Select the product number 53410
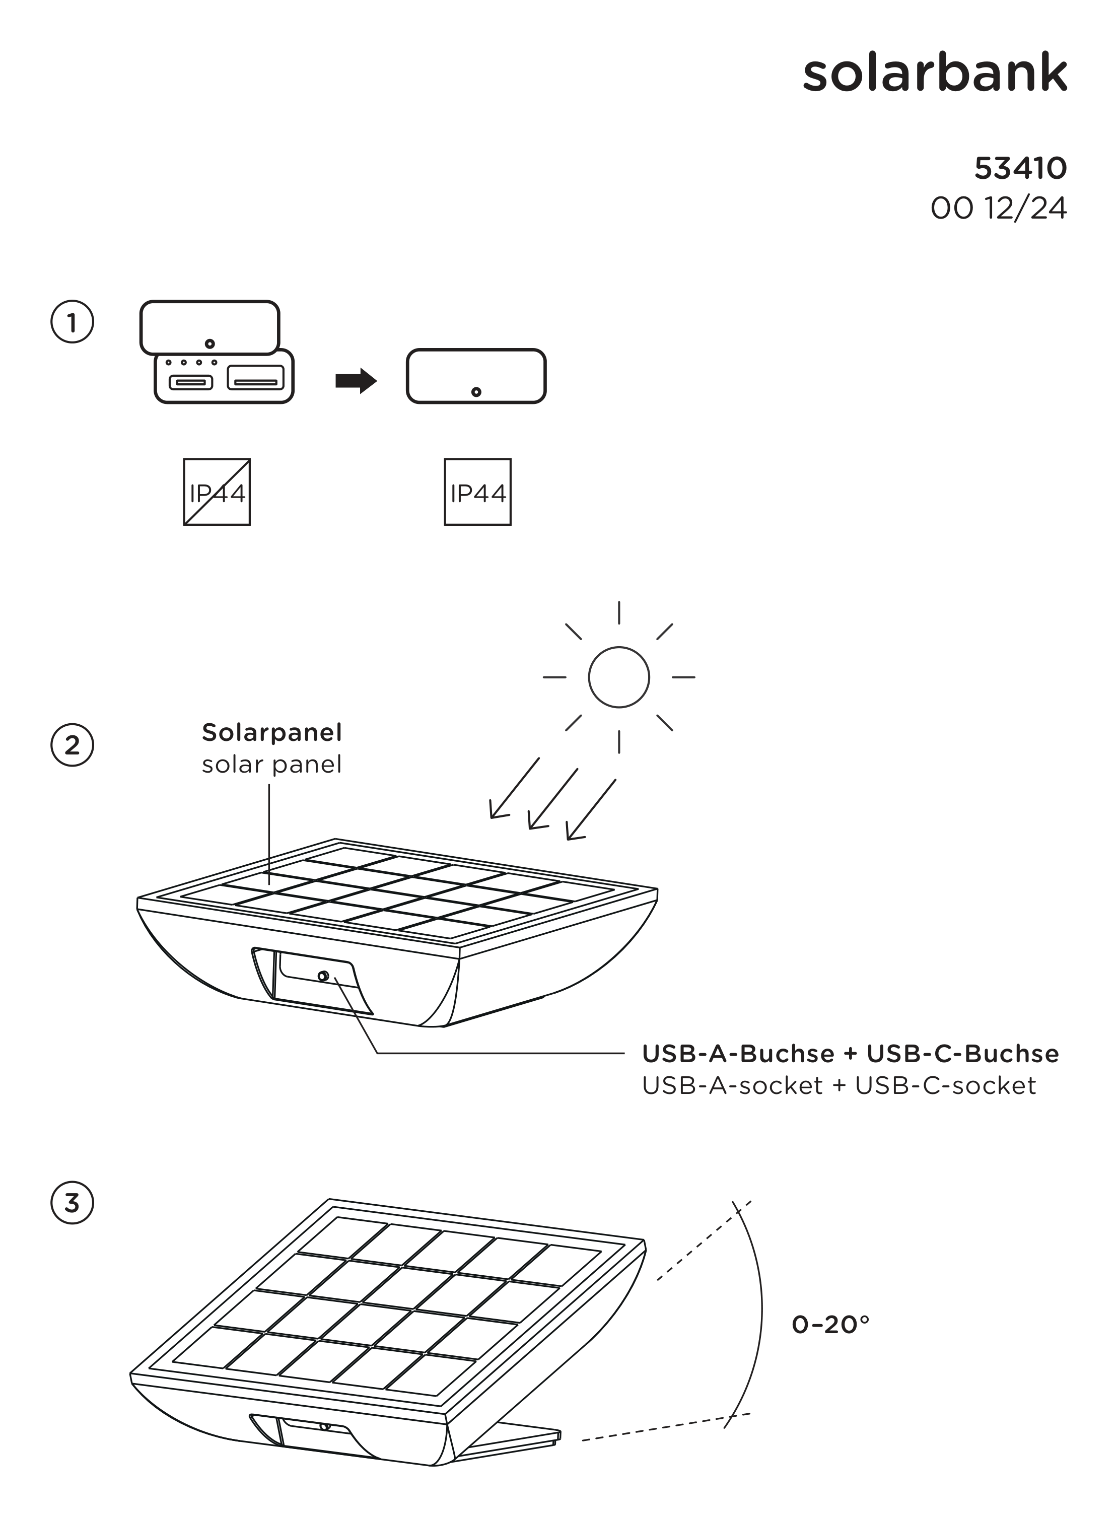point(1020,169)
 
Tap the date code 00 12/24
point(998,209)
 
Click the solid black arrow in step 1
point(356,381)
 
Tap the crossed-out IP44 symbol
point(217,492)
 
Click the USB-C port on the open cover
point(190,382)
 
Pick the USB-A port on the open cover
point(255,378)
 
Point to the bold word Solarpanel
point(271,732)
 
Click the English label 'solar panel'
point(271,765)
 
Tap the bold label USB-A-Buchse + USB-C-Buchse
point(850,1054)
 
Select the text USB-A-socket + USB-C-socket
point(838,1085)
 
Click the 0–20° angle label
point(830,1324)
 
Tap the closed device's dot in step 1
point(476,392)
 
